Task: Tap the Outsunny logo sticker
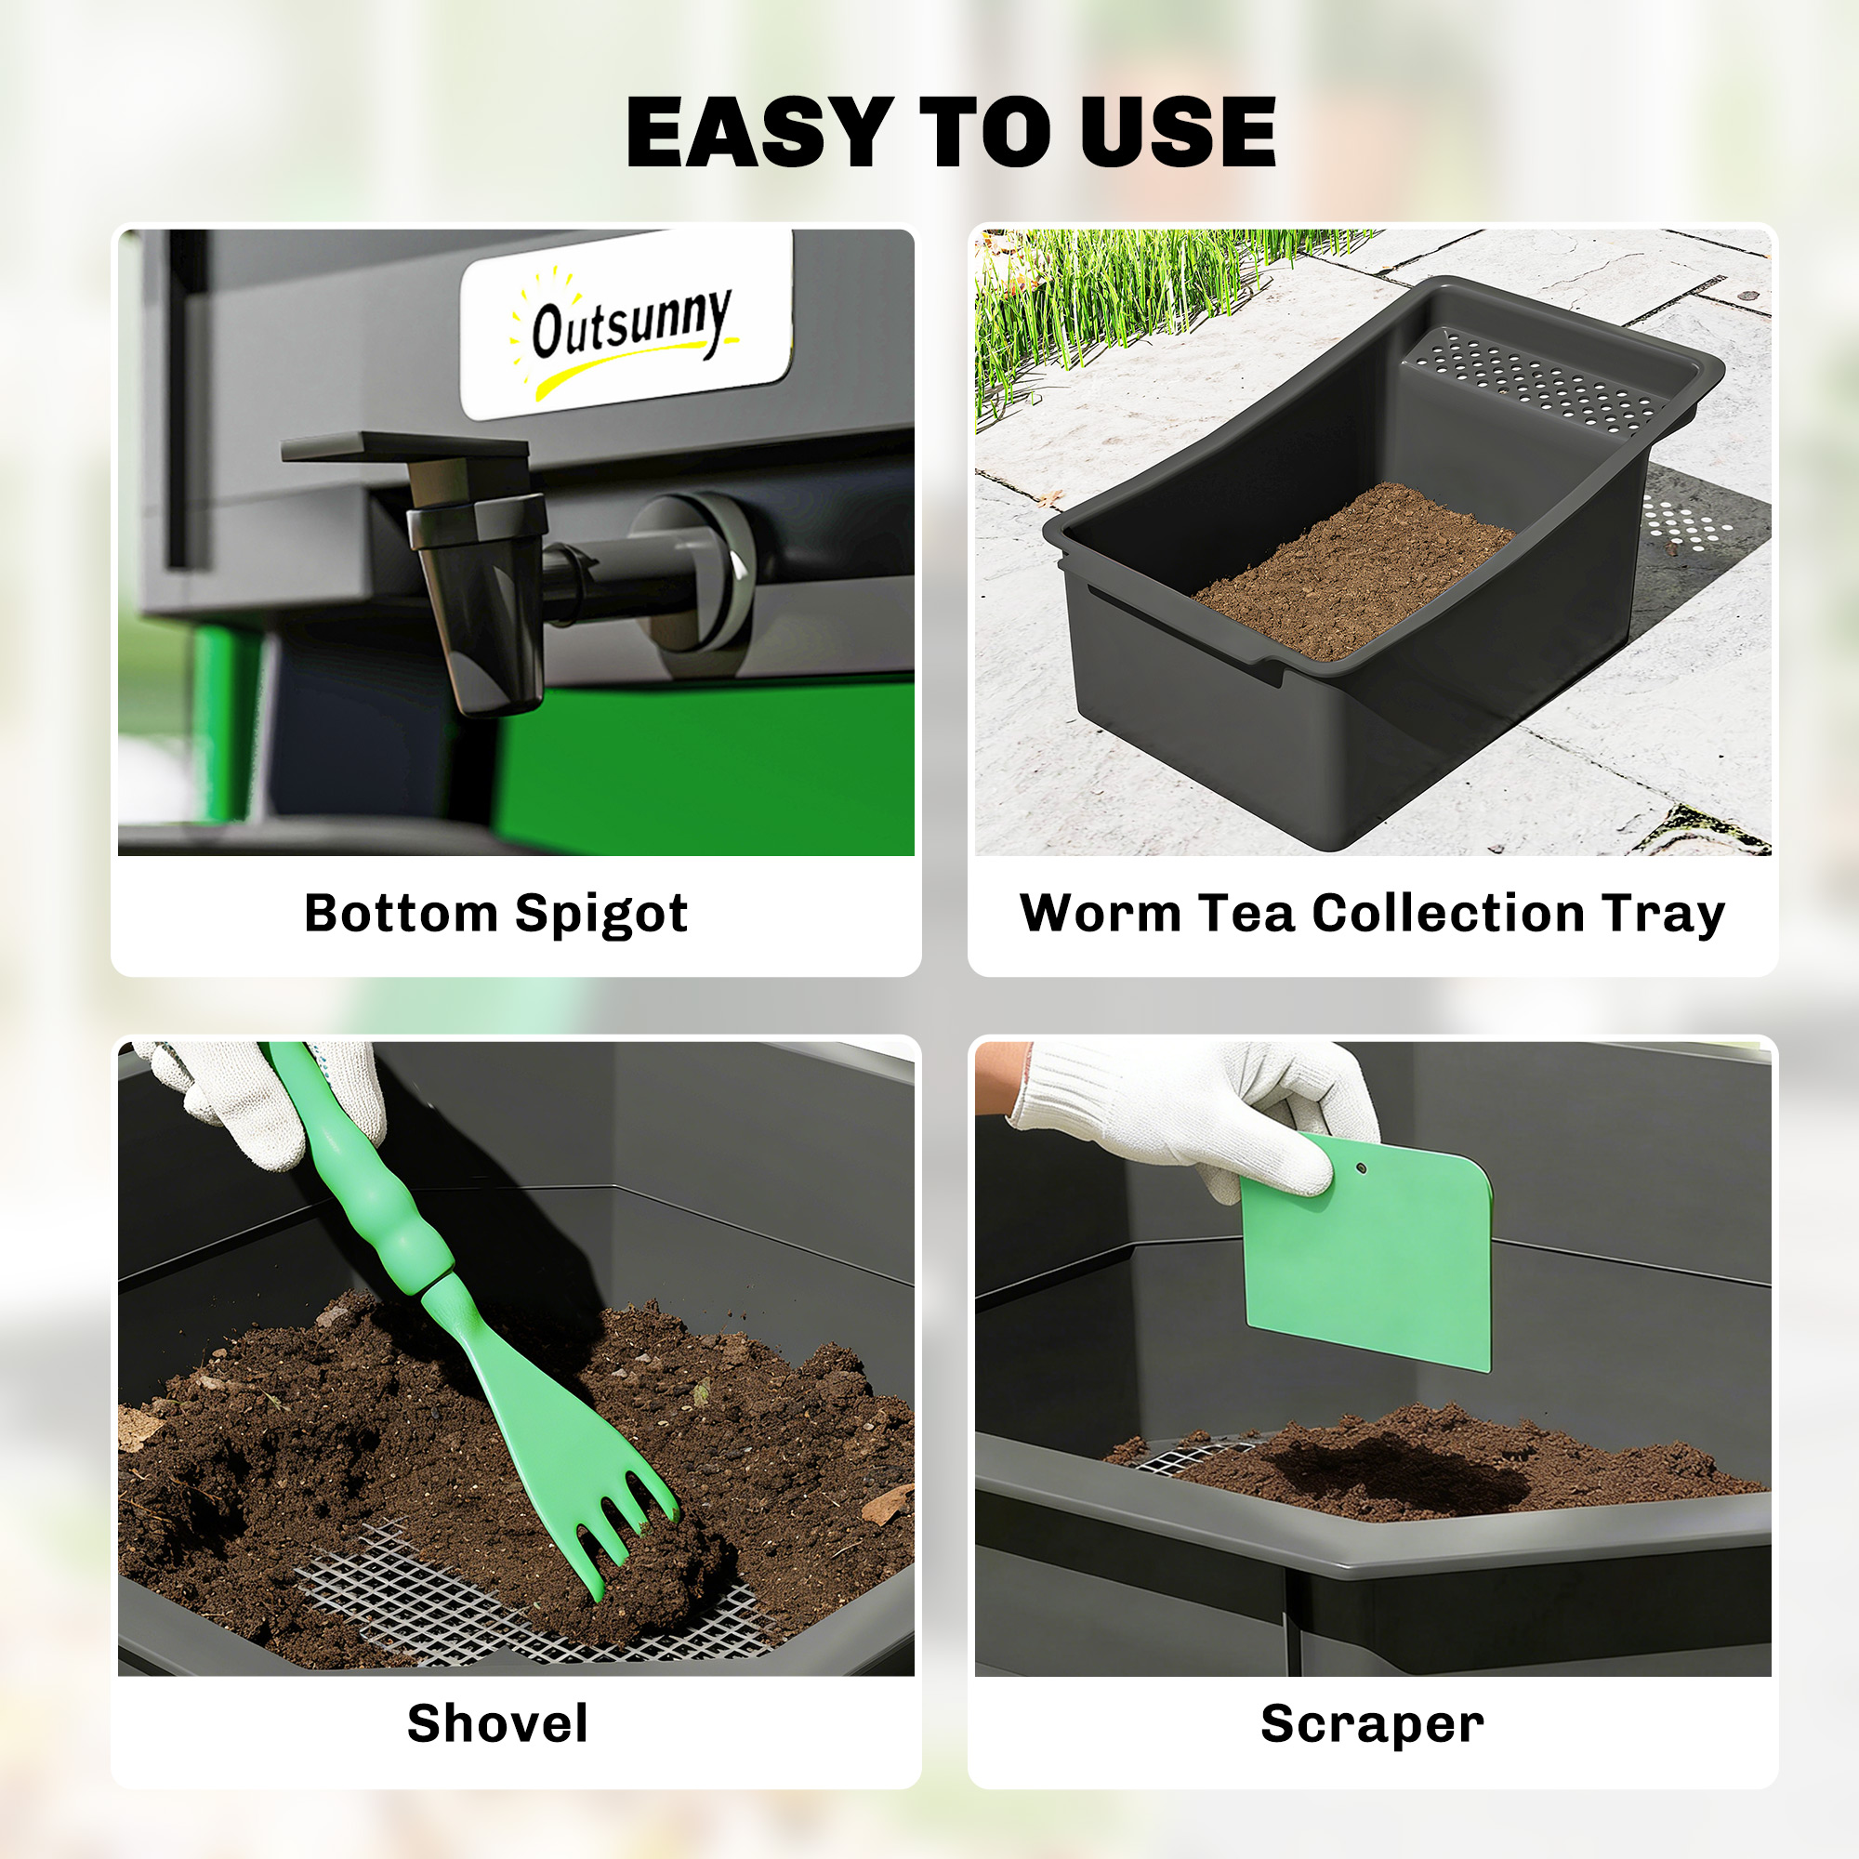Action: pos(627,324)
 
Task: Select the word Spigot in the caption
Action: pos(601,914)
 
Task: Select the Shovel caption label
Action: pos(497,1723)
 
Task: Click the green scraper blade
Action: pos(1376,1260)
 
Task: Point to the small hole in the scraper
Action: pos(1362,1169)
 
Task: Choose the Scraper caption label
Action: pos(1372,1723)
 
